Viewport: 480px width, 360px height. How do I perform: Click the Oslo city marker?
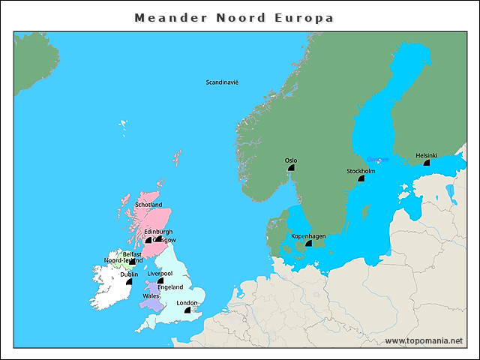pos(291,168)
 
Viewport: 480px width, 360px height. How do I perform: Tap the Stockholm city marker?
pos(361,178)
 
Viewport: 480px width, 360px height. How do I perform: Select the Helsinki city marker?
pos(427,162)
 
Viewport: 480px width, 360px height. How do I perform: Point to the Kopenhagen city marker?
pos(308,244)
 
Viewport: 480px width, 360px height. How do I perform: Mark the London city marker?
pos(187,310)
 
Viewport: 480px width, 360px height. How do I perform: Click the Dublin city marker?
pos(129,281)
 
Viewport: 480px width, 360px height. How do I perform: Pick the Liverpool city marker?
pos(160,280)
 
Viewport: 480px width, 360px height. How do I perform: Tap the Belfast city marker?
pos(133,261)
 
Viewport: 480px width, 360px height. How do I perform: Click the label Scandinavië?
pos(222,82)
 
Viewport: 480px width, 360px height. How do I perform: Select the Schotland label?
pos(148,205)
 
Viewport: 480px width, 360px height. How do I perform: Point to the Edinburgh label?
pos(158,232)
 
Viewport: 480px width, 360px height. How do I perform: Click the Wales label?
pos(150,296)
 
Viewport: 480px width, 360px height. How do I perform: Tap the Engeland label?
pos(170,287)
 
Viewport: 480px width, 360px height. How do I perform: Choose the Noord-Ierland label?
pos(122,260)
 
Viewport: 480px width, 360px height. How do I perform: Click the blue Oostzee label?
pos(374,160)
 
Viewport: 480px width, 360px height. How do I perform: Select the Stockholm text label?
pos(361,171)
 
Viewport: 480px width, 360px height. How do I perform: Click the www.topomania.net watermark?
pos(424,341)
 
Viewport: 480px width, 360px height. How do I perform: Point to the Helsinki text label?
pos(427,155)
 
